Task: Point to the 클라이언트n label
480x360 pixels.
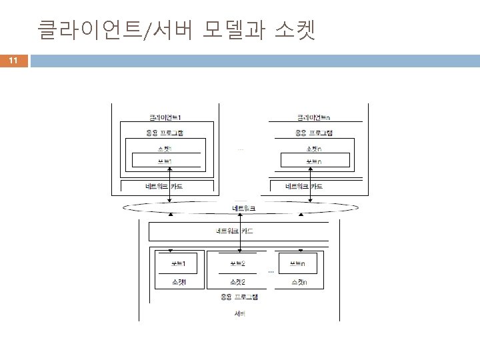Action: click(315, 117)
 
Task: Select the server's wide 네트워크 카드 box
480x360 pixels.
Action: click(239, 231)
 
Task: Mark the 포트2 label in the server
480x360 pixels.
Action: click(236, 264)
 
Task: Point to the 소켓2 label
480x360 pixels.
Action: click(236, 282)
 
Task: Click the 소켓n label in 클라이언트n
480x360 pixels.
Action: click(315, 148)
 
